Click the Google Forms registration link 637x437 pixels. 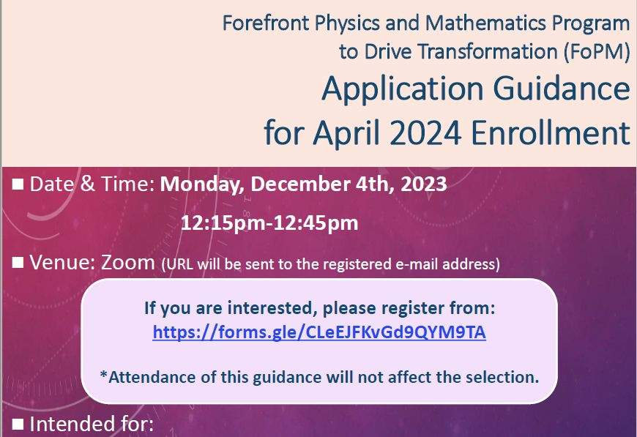319,332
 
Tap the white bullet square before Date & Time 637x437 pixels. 18,184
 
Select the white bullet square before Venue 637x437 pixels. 18,262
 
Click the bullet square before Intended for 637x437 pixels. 18,424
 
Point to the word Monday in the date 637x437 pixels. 202,184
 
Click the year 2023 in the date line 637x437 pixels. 424,184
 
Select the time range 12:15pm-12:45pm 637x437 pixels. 269,223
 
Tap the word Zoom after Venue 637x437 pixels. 128,262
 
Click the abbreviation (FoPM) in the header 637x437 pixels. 597,52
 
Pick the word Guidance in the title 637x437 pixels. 562,88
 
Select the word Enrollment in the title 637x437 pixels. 551,132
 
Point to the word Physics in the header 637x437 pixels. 347,23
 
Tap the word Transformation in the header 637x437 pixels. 488,51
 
